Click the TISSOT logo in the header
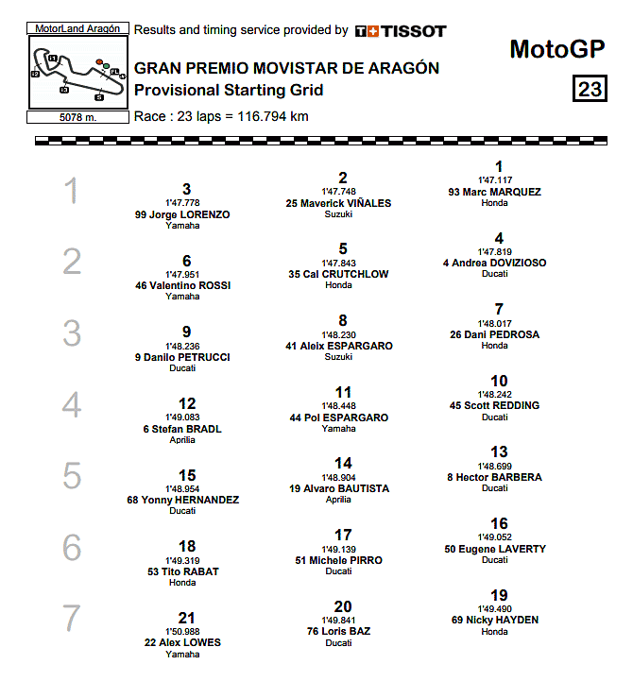401,31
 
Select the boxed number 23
589,90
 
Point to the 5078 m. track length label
77,118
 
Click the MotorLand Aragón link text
77,29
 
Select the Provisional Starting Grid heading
229,91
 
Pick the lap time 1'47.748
343,192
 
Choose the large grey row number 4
72,405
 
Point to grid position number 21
187,618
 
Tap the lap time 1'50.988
183,632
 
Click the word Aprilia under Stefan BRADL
183,440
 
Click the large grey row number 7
72,619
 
